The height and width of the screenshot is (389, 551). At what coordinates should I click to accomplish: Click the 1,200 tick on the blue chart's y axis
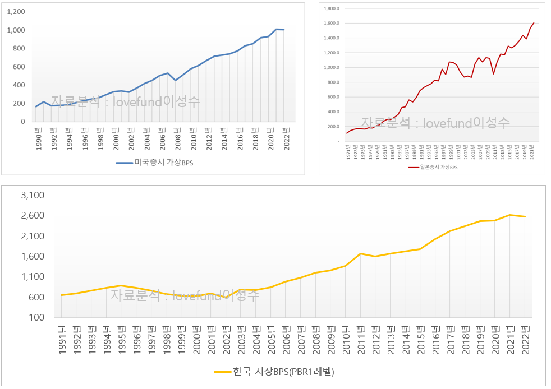pyautogui.click(x=16, y=12)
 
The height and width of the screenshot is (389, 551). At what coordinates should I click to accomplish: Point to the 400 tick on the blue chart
pyautogui.click(x=19, y=85)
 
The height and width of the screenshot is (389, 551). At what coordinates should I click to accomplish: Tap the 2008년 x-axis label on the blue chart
pyautogui.click(x=176, y=137)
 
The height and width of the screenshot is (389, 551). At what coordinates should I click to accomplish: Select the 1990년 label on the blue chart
pyautogui.click(x=38, y=137)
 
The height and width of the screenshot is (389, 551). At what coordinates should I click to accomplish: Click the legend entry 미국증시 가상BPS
pyautogui.click(x=158, y=163)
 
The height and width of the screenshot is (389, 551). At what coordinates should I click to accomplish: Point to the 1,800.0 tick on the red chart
pyautogui.click(x=332, y=8)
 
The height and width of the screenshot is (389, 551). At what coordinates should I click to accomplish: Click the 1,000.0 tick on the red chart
pyautogui.click(x=332, y=67)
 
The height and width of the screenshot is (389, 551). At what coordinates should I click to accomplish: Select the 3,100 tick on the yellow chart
pyautogui.click(x=33, y=196)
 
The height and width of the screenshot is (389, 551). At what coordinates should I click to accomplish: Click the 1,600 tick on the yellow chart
pyautogui.click(x=33, y=256)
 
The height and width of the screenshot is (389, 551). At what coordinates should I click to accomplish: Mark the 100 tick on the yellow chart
pyautogui.click(x=36, y=317)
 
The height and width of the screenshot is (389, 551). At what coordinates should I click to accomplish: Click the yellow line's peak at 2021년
pyautogui.click(x=510, y=215)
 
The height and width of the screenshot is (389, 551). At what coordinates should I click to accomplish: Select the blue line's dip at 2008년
pyautogui.click(x=176, y=80)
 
